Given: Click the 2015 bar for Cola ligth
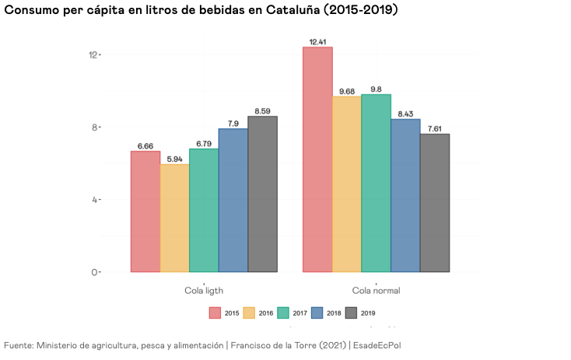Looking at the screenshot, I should pos(145,211).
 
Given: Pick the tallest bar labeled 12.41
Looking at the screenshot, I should pos(317,159).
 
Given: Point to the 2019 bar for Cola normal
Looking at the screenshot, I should pos(435,203).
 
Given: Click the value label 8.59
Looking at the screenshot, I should pos(263,111).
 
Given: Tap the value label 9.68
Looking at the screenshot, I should pos(347,91).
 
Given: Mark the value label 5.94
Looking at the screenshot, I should pos(175,159).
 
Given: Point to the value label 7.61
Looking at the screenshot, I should pos(435,128).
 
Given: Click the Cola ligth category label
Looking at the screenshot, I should pos(204,291).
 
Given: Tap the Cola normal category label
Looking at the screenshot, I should pos(376,291).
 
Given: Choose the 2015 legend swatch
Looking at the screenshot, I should pos(215,313).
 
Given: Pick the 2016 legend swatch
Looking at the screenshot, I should pos(250,313).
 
